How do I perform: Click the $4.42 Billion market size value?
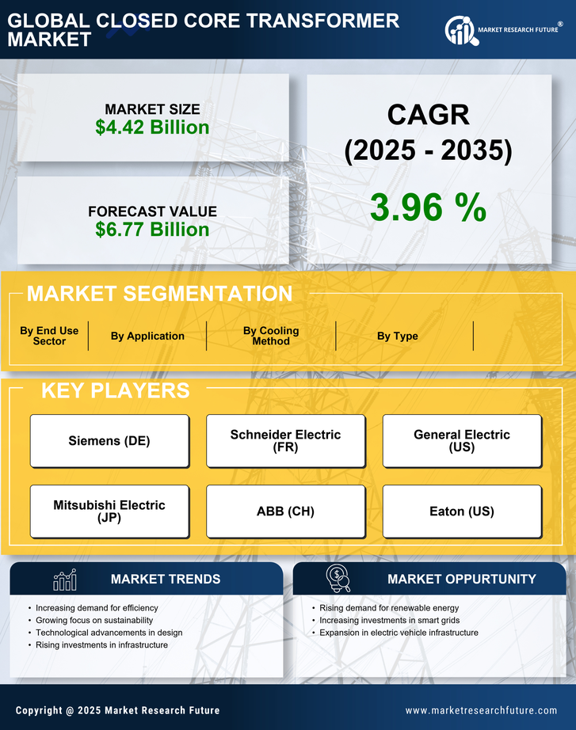[152, 127]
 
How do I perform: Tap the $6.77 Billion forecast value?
[152, 230]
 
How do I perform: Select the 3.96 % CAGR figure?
[428, 207]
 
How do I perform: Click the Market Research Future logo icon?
[460, 31]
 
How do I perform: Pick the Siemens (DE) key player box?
[109, 441]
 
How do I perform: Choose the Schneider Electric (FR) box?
[285, 441]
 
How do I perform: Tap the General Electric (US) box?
[462, 441]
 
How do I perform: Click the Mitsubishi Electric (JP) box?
[109, 511]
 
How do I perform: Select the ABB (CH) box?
[285, 511]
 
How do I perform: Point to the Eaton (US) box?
[462, 511]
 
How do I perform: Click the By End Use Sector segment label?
[49, 336]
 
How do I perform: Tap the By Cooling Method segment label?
[271, 336]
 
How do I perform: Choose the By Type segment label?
[398, 336]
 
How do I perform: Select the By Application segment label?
[147, 336]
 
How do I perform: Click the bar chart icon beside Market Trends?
[64, 580]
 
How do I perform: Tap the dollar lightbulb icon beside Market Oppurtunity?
[338, 579]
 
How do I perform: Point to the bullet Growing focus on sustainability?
[94, 620]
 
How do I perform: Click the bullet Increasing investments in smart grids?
[389, 620]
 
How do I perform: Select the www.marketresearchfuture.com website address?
[481, 710]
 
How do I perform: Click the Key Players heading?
[115, 390]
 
